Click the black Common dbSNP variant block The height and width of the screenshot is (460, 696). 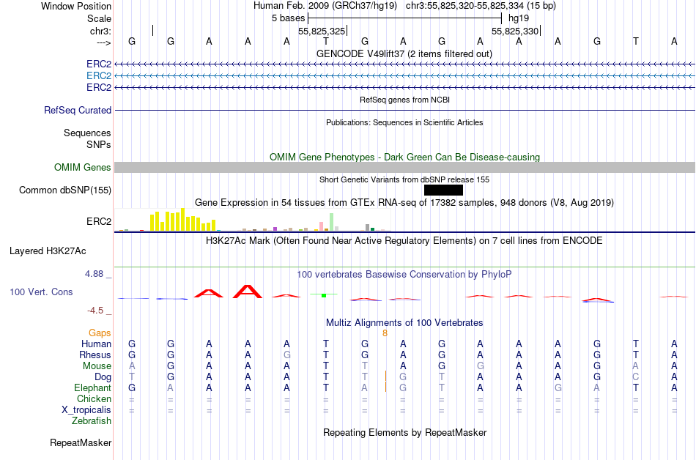pyautogui.click(x=443, y=190)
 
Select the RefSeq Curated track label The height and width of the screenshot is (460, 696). pyautogui.click(x=78, y=110)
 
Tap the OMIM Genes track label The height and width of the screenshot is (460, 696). pyautogui.click(x=83, y=168)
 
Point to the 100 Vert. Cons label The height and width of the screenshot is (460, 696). pyautogui.click(x=41, y=292)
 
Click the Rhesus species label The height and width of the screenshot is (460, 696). pyautogui.click(x=95, y=355)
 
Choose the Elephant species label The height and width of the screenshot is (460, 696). pyautogui.click(x=93, y=387)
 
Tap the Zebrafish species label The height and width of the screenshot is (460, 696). pyautogui.click(x=92, y=420)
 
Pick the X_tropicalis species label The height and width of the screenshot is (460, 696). pyautogui.click(x=86, y=409)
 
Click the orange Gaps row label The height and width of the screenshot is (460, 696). pyautogui.click(x=100, y=333)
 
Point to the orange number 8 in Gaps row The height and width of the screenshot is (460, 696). pyautogui.click(x=385, y=333)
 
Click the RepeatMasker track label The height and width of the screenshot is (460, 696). pyautogui.click(x=81, y=442)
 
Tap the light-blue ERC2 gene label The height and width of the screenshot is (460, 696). pyautogui.click(x=99, y=75)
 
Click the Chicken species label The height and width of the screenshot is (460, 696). pyautogui.click(x=94, y=398)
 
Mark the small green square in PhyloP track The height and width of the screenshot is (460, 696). pyautogui.click(x=323, y=295)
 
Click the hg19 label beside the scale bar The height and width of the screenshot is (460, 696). pyautogui.click(x=519, y=18)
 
